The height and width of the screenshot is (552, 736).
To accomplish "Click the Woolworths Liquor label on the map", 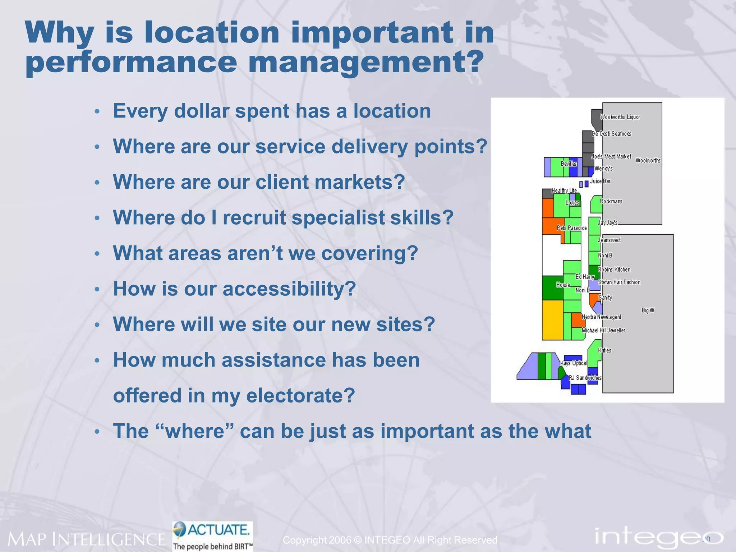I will point(620,117).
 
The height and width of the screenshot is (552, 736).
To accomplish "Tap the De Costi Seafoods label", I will point(611,134).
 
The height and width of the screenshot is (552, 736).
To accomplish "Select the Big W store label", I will point(648,310).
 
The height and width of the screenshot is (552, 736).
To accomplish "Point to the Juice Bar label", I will point(600,181).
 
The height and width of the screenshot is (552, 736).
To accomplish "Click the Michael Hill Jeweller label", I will point(603,330).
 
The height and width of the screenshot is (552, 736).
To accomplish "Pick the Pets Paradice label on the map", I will point(571,228).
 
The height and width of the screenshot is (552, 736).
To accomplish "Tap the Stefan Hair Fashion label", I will point(619,282).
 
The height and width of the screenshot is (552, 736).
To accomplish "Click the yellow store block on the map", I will point(552,320).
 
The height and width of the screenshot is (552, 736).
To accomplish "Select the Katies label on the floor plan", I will point(604,350).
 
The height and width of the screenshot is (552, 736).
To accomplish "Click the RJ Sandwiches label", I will point(585,378).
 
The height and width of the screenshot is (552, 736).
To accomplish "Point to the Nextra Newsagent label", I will point(601,317).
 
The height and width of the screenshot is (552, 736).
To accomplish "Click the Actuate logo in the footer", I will point(213,535).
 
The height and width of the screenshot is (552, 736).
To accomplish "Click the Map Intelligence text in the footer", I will point(86,539).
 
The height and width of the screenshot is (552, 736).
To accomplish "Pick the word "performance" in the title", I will point(131,62).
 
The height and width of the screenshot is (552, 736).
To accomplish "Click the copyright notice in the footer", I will point(390,540).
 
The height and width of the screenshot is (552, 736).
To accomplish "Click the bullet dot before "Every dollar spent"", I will point(97,111).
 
